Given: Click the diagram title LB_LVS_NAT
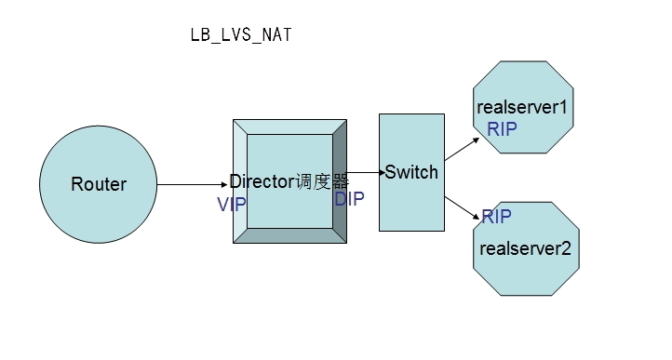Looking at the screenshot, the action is coord(241,34).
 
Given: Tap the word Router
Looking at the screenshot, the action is coord(99,184).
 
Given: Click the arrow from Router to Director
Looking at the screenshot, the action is coord(193,184).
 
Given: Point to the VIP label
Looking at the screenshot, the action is coord(232,205).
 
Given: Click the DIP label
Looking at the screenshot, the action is coord(349,199).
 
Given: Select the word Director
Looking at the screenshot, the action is coord(262,181).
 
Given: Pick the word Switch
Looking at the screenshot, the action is coord(411,172).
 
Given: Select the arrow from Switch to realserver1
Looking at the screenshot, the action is coord(462,149).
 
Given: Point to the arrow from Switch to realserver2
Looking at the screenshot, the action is coord(462,208).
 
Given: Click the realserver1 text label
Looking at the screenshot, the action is coord(522,107).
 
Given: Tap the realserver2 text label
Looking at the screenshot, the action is coord(526,248).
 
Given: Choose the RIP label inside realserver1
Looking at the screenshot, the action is coord(502,129).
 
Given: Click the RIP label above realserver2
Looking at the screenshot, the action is coord(497,217).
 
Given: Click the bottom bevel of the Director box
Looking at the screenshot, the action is coord(289,235).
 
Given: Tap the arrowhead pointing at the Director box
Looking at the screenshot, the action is coord(224,184).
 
